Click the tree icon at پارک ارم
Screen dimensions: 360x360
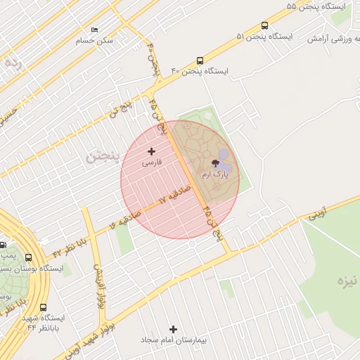[215, 162]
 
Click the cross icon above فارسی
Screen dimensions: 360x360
[151, 151]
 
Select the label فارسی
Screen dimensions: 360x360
[152, 162]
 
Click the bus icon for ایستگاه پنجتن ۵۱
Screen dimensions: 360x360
[264, 25]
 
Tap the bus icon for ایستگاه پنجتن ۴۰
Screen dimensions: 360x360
[200, 61]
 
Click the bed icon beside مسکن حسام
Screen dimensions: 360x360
[94, 30]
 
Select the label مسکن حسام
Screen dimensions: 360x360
[94, 41]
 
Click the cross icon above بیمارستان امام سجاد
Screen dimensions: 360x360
[174, 329]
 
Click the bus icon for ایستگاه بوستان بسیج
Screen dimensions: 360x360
[29, 257]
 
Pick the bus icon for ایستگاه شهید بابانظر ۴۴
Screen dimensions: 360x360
[44, 307]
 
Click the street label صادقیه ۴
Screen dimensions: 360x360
[126, 219]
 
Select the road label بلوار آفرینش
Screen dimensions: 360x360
[97, 281]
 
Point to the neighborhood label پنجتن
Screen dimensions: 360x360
[101, 156]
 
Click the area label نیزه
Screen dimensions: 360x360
[347, 282]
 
